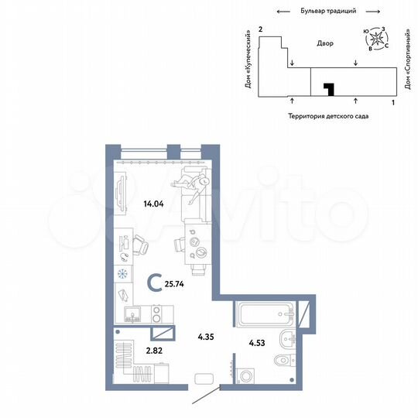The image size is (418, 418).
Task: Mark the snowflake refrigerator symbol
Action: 121,274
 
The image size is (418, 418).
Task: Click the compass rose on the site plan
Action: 377,39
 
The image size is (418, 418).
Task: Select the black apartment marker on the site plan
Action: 328,90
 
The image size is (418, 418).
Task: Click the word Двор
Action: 325,44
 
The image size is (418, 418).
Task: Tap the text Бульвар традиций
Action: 327,12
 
